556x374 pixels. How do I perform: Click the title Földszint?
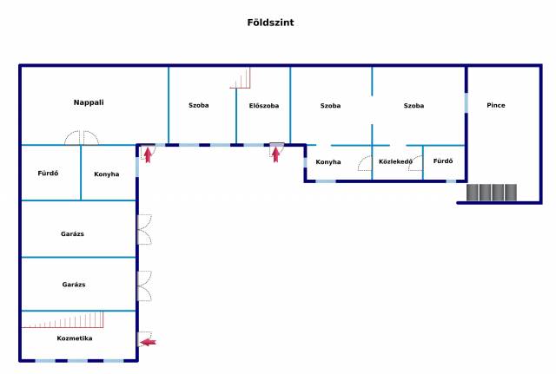[x=270, y=23]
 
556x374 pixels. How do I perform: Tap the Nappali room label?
[x=89, y=102]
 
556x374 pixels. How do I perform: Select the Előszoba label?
[x=263, y=106]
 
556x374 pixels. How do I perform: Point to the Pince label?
[x=496, y=106]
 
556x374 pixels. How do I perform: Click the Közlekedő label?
[x=396, y=161]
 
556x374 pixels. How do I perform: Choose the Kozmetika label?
[x=75, y=338]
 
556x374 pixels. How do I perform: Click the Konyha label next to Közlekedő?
[x=328, y=162]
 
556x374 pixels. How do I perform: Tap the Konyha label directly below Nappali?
[x=106, y=174]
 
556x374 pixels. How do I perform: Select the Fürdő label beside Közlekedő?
[x=443, y=161]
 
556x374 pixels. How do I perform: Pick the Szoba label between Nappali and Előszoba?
[x=199, y=106]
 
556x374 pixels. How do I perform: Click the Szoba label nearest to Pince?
[x=414, y=106]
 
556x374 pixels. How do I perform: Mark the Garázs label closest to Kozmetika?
[x=73, y=285]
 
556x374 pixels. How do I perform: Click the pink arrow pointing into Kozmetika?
[x=149, y=343]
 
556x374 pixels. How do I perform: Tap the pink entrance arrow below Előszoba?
[x=276, y=154]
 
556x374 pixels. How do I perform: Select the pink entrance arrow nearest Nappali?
[x=148, y=155]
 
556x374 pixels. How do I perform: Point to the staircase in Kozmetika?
[x=51, y=322]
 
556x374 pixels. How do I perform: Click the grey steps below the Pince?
[x=492, y=193]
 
